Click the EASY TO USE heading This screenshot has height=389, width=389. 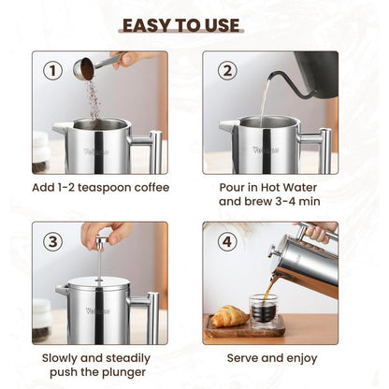[194, 24]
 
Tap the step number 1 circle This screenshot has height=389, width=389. [53, 70]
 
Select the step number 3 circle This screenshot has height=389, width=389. [53, 242]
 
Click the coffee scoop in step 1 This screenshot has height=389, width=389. [89, 67]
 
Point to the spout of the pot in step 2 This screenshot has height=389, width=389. [226, 125]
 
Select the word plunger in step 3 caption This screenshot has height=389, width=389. [117, 374]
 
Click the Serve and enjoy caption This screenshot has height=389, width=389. [272, 358]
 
